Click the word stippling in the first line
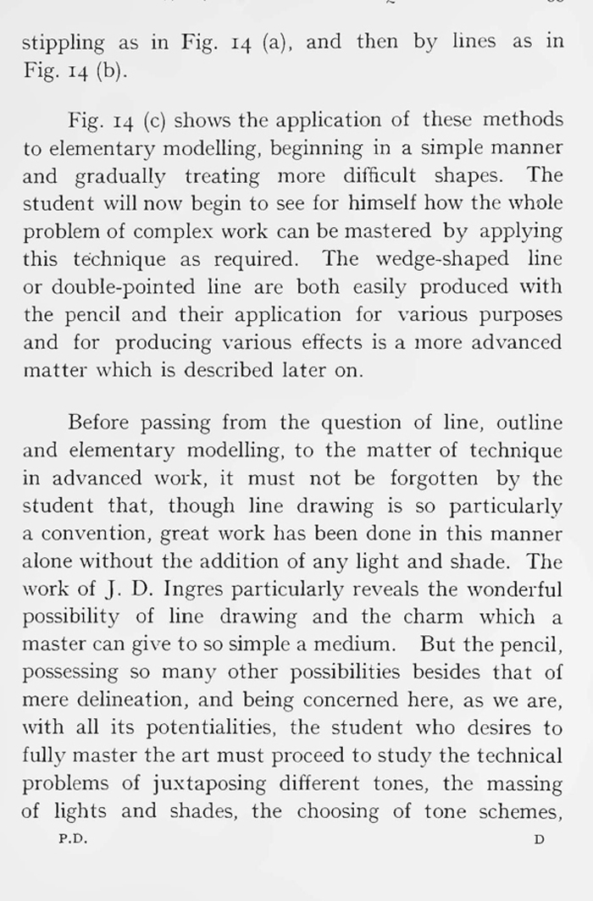click(63, 42)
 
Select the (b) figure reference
click(111, 70)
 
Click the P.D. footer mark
click(74, 840)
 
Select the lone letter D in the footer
click(539, 840)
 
